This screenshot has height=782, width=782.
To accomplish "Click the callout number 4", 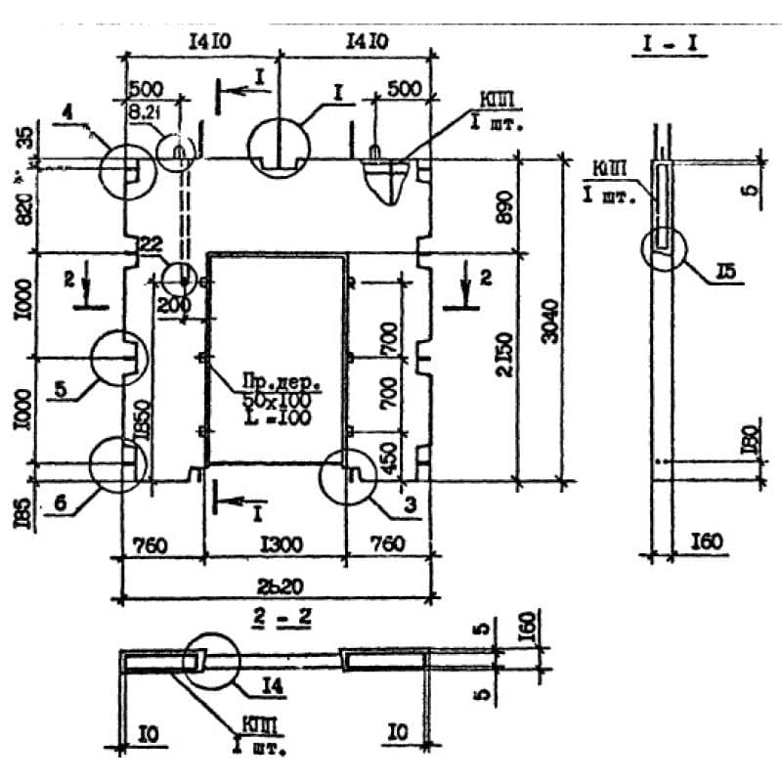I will coord(68,114).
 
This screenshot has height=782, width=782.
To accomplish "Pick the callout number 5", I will coord(61,389).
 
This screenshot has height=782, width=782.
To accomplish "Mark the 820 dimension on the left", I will coord(22,207).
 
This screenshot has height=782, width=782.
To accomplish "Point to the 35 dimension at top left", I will coord(22,138).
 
